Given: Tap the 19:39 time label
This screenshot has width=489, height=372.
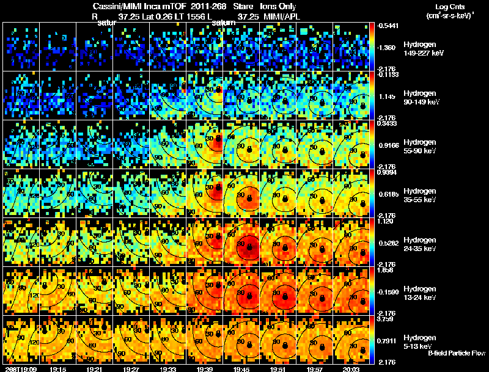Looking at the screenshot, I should point(205,369).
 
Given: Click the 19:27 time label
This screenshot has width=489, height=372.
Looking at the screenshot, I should point(131,369).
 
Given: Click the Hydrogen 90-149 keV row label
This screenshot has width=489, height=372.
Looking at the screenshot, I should point(422,98).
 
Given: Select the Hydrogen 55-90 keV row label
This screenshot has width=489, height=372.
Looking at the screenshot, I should point(421,147).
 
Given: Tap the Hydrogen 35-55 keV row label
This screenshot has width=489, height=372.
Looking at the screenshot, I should point(421,195).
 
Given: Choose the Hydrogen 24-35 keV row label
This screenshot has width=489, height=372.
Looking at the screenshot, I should point(421,244).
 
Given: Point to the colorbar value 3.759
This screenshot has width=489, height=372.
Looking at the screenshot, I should point(387,319).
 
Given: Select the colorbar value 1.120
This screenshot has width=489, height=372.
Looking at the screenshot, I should point(387,221).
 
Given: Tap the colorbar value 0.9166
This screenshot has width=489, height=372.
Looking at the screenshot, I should point(387,145).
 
